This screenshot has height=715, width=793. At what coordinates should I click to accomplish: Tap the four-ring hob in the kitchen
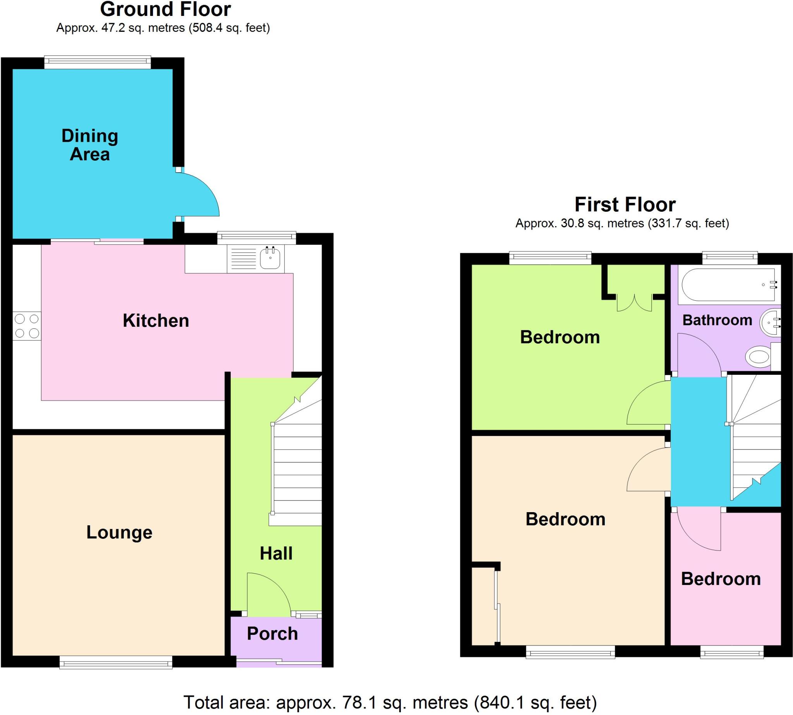[27, 326]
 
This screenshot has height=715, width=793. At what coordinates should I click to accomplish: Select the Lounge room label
[119, 532]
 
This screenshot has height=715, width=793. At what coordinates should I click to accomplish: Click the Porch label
[272, 633]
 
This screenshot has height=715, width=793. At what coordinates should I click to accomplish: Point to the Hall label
[276, 553]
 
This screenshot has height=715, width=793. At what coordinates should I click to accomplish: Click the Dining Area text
[89, 145]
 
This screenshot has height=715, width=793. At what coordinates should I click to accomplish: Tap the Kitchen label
[156, 321]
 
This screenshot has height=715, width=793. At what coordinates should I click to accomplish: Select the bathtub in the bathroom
[728, 285]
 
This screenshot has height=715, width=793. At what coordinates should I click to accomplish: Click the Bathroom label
[717, 320]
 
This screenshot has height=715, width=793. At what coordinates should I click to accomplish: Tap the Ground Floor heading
[165, 9]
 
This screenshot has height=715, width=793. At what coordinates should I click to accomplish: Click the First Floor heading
[625, 204]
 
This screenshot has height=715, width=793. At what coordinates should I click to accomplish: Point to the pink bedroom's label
[720, 579]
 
